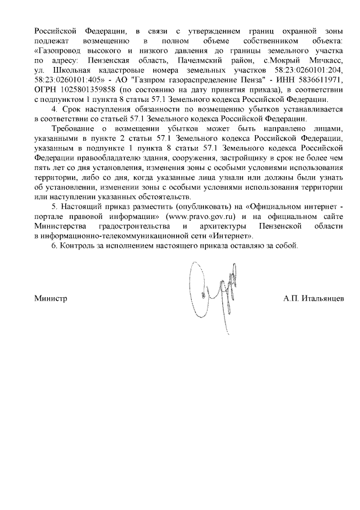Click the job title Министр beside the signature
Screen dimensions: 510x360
(x=51, y=298)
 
